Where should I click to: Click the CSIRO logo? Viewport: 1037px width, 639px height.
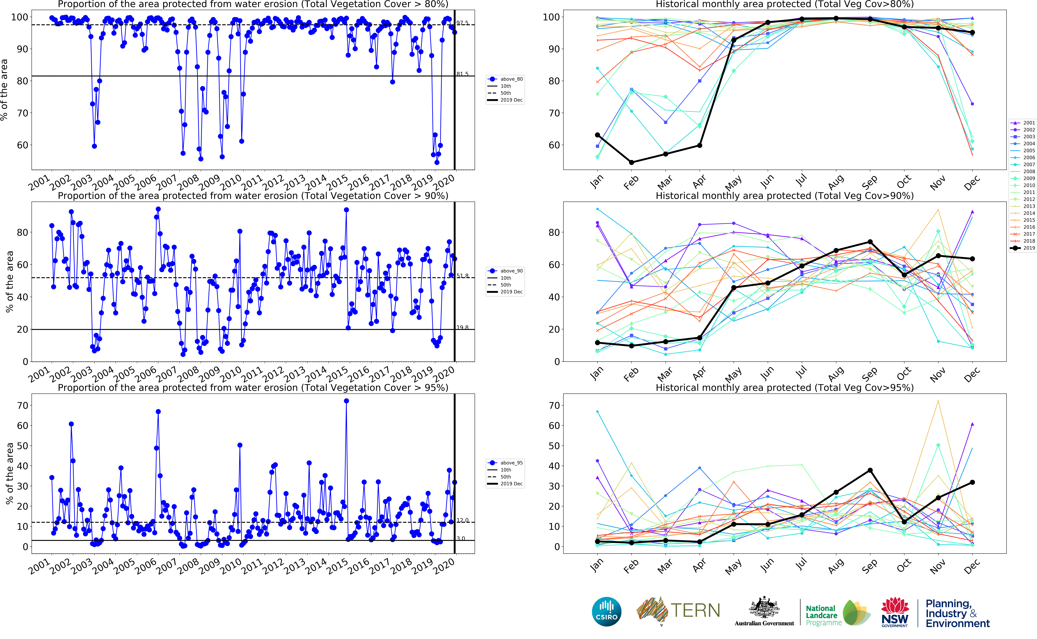[606, 612]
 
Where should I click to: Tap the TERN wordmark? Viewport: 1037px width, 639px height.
[695, 610]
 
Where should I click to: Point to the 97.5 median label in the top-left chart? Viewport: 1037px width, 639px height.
[462, 23]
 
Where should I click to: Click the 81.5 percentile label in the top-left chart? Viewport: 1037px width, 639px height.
[462, 74]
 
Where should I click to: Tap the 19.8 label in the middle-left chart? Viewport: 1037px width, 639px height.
[462, 328]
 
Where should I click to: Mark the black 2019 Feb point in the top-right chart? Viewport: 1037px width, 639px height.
[631, 162]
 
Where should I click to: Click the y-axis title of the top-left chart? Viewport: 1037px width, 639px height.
[4, 90]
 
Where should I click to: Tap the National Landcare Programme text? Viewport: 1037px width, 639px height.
[822, 615]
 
